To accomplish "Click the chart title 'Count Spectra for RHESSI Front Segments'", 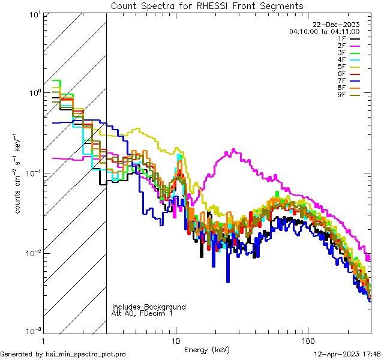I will [x=207, y=6].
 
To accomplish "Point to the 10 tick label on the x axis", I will [x=175, y=341].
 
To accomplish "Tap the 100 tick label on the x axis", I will [x=307, y=341].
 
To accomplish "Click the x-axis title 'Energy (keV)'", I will [x=206, y=349].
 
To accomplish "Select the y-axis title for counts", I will [x=19, y=173].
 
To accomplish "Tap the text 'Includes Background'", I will [x=149, y=307].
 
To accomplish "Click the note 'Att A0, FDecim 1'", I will [x=142, y=313].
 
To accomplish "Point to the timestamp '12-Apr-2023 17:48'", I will [x=347, y=354].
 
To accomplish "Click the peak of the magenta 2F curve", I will [x=232, y=151].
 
